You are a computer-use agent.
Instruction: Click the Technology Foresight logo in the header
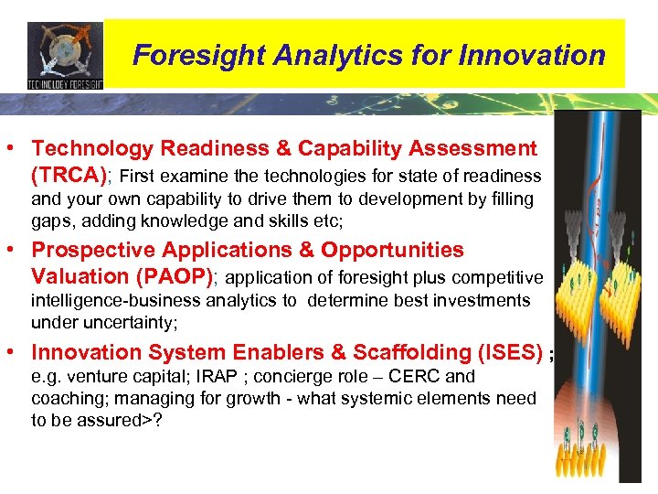point(65,55)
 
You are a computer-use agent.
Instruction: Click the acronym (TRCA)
point(69,175)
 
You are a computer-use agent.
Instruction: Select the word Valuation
point(77,276)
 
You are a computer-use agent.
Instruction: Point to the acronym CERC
point(415,377)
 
